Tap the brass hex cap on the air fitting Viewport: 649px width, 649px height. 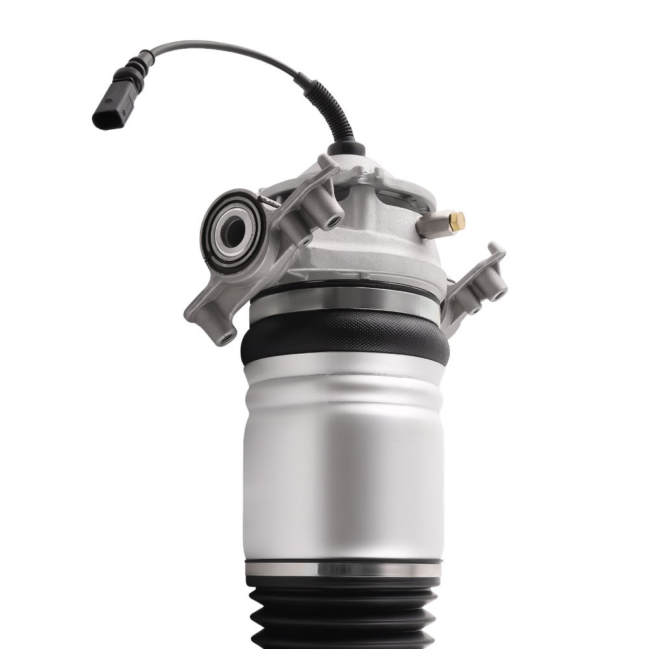459,221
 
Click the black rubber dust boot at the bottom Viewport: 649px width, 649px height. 344,617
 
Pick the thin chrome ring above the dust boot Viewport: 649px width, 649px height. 344,569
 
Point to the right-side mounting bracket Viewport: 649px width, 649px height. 477,286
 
